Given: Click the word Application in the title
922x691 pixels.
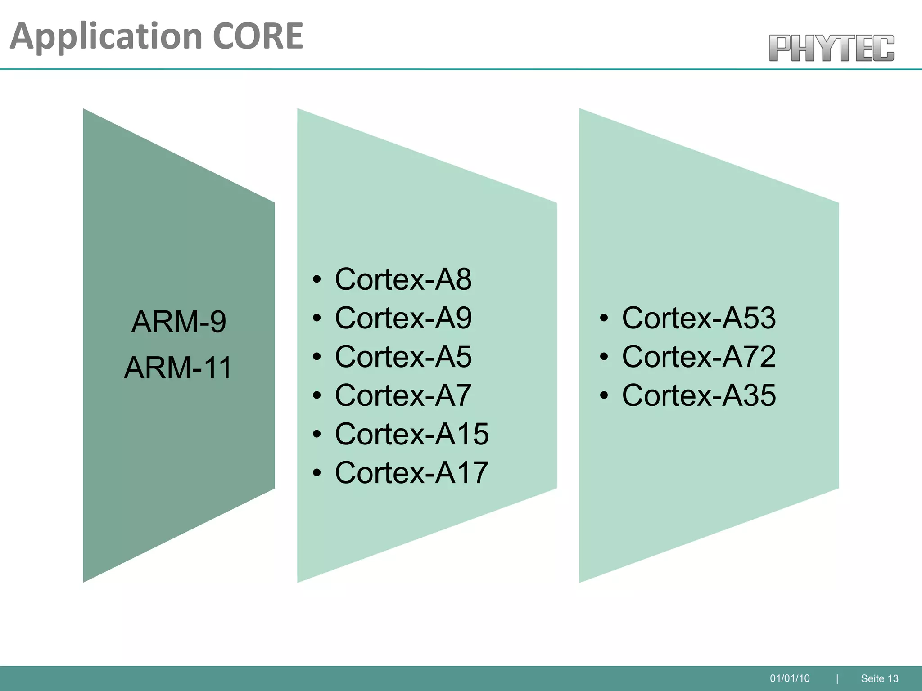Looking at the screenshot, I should (x=106, y=37).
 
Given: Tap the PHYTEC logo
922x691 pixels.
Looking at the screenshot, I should (x=831, y=48).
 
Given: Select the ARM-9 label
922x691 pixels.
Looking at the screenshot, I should (x=179, y=322).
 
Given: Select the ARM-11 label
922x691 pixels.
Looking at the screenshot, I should (x=178, y=368).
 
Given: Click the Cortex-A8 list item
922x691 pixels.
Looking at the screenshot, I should (x=403, y=279).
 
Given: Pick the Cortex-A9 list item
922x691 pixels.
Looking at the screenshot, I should (x=403, y=318).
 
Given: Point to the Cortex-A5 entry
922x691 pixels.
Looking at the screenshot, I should (x=403, y=357).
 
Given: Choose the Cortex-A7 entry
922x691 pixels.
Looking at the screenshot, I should (x=403, y=395).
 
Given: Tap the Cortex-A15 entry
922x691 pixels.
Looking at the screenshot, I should (x=411, y=434).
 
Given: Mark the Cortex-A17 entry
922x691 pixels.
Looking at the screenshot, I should (x=411, y=473).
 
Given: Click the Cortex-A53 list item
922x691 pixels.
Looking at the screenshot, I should (x=699, y=318).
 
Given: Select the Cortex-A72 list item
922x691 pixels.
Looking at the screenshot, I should (x=699, y=357).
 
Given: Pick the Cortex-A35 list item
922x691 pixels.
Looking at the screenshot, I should (x=699, y=395).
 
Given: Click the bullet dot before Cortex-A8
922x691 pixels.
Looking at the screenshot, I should (x=317, y=280).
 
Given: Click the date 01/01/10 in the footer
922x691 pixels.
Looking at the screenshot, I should (x=790, y=678).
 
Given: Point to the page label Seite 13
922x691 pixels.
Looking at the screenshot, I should (x=879, y=678).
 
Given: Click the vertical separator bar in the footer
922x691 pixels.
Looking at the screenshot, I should (x=837, y=678).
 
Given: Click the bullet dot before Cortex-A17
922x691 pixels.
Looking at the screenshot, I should (x=317, y=473).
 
